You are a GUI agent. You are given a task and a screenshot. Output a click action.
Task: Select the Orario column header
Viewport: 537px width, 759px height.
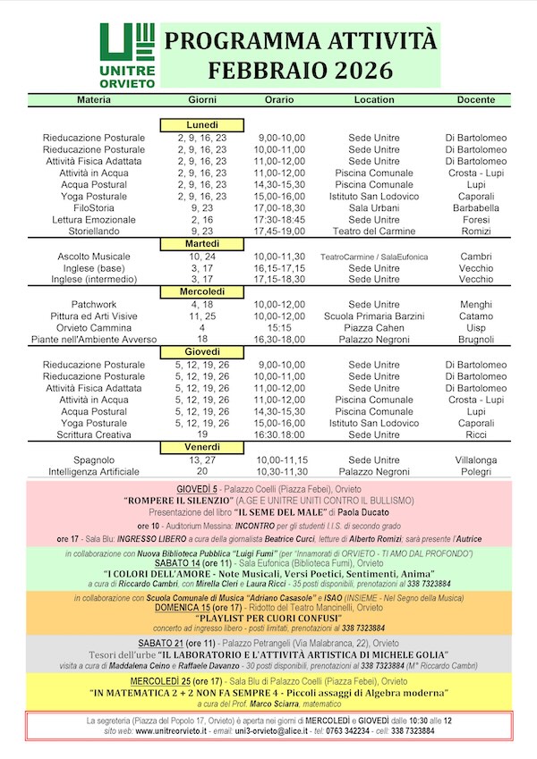pos(279,98)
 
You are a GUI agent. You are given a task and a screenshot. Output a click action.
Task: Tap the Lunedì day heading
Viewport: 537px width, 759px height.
pos(202,124)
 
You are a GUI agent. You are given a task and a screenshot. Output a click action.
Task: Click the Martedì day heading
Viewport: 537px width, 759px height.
pos(202,243)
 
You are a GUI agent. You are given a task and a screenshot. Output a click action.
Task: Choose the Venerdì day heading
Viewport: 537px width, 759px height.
pos(202,446)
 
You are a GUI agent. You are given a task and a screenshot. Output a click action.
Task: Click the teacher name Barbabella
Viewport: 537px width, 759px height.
pos(475,207)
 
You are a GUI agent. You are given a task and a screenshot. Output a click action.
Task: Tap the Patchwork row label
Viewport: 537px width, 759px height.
pos(94,304)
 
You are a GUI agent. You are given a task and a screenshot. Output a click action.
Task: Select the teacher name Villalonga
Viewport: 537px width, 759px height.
pos(475,460)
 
